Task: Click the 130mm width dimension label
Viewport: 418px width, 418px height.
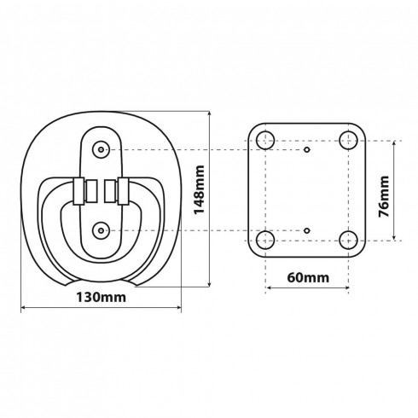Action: pyautogui.click(x=101, y=298)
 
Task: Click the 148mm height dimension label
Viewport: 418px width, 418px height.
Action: pyautogui.click(x=199, y=189)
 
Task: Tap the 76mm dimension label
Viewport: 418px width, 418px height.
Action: pyautogui.click(x=384, y=196)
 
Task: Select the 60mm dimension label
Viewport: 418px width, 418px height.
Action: pyautogui.click(x=308, y=277)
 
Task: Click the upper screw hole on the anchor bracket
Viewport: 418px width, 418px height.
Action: pyautogui.click(x=101, y=149)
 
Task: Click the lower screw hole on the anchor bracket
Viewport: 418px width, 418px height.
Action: pyautogui.click(x=101, y=230)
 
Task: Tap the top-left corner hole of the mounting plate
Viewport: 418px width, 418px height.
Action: pyautogui.click(x=265, y=141)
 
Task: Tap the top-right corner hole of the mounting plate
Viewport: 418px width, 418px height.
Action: pyautogui.click(x=348, y=141)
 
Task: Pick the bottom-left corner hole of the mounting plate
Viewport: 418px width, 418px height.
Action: pyautogui.click(x=265, y=241)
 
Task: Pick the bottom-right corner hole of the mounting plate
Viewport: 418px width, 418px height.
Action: pyautogui.click(x=348, y=241)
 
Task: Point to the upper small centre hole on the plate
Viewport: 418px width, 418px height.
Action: pyautogui.click(x=307, y=149)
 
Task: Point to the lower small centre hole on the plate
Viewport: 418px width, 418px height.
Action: pyautogui.click(x=307, y=230)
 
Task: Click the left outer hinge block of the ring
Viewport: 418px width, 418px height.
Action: pyautogui.click(x=78, y=191)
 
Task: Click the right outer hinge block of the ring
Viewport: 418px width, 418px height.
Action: pyautogui.click(x=123, y=191)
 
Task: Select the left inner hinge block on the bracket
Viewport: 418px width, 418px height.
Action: pyautogui.click(x=91, y=191)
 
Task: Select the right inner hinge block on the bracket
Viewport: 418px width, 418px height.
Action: pyautogui.click(x=110, y=191)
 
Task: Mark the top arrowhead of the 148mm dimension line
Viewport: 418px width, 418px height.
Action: pyautogui.click(x=210, y=113)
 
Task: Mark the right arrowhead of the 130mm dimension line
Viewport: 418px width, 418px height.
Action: pyautogui.click(x=178, y=307)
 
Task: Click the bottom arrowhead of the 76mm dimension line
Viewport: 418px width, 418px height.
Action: pyautogui.click(x=394, y=238)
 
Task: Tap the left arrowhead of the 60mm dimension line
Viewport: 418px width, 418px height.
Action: pyautogui.click(x=268, y=287)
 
